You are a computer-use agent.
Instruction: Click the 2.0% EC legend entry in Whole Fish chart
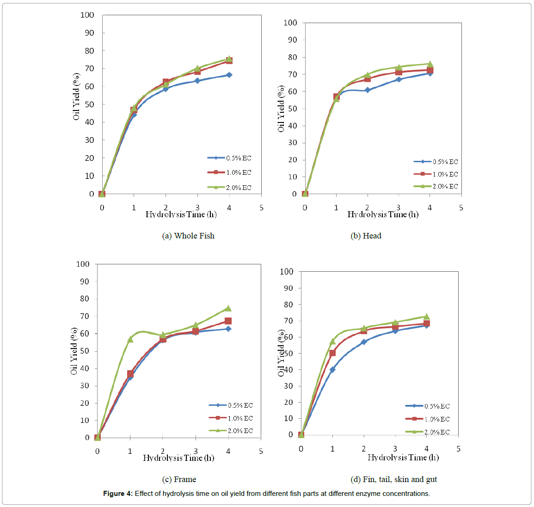tap(230, 188)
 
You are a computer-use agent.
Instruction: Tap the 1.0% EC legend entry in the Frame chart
tap(231, 418)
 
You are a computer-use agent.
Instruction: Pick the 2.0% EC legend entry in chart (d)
tap(428, 432)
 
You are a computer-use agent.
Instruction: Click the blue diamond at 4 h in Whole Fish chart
tap(229, 75)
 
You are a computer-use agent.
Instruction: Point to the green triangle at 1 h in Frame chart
tap(130, 339)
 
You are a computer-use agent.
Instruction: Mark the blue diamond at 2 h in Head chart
tap(368, 90)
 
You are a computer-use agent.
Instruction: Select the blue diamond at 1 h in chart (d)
tap(332, 370)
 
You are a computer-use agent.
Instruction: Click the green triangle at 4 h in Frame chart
tap(228, 308)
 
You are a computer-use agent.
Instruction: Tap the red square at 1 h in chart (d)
tap(332, 353)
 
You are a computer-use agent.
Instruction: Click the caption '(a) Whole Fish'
tap(188, 236)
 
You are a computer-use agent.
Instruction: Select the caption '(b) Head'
tap(366, 236)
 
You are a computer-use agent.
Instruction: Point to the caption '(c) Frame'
tap(179, 479)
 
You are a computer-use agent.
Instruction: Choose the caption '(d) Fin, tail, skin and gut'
tap(393, 479)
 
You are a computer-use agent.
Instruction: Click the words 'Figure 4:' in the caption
tap(118, 494)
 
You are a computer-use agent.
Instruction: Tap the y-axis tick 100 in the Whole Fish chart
tap(87, 15)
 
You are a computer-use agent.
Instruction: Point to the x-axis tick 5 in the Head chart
tap(461, 208)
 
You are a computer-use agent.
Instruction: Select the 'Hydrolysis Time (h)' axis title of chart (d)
tap(403, 458)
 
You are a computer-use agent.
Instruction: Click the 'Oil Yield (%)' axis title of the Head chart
tap(281, 109)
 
